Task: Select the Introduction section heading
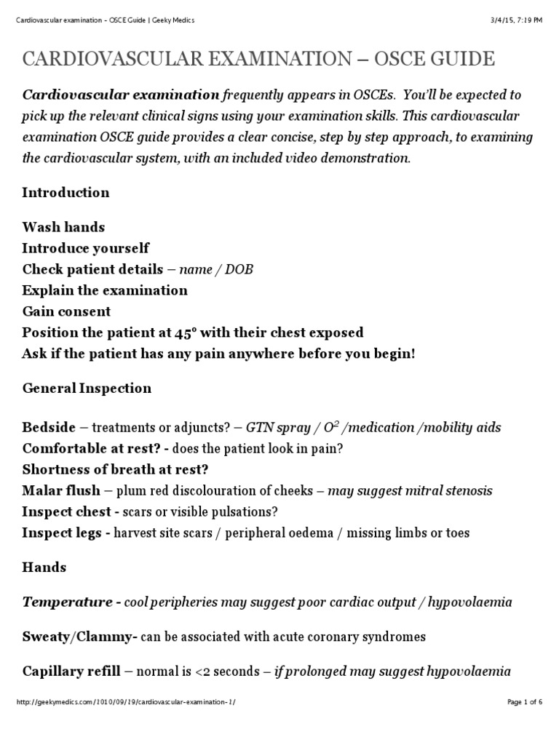[x=66, y=193]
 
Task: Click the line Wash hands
[x=63, y=228]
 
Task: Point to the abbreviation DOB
[x=238, y=270]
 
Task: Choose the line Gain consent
[x=66, y=311]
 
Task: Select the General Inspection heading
[x=87, y=389]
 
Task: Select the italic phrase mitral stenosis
[x=451, y=491]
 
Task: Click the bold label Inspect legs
[x=66, y=533]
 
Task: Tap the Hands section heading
[x=44, y=567]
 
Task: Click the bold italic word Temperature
[x=67, y=602]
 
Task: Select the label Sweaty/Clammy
[x=80, y=637]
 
